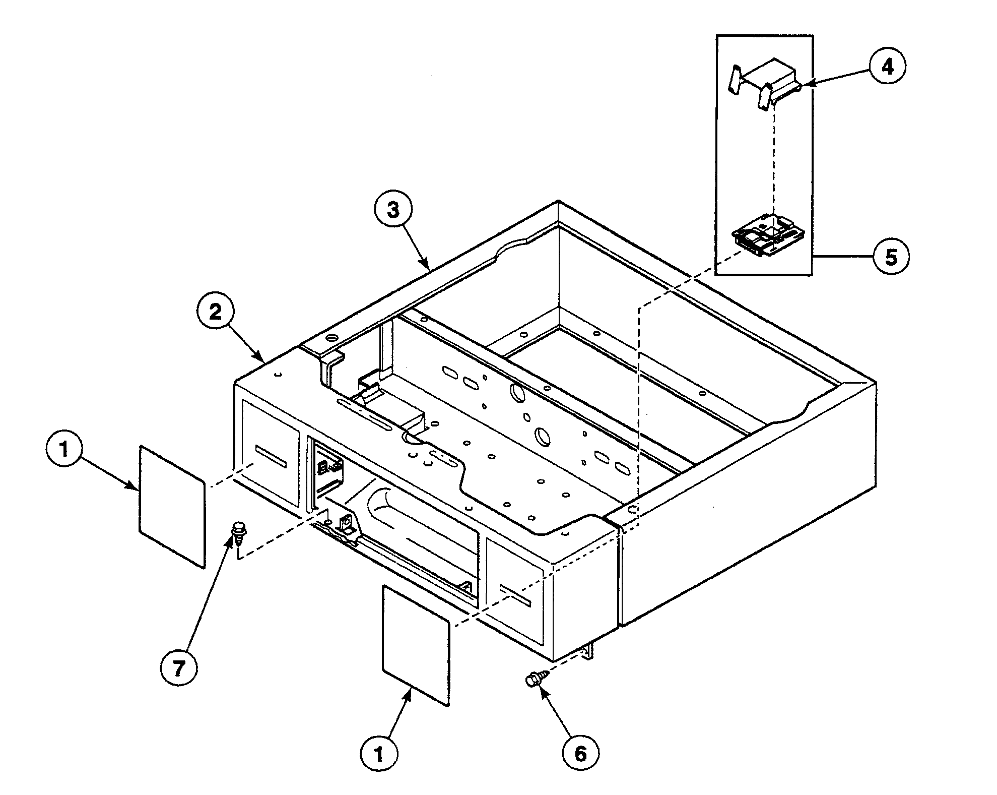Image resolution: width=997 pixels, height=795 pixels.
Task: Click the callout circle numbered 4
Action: coord(887,66)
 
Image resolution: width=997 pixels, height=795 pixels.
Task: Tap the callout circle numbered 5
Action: coord(891,257)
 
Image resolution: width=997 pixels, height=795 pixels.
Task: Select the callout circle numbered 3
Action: coord(393,210)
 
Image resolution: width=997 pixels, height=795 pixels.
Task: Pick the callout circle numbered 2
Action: coord(215,313)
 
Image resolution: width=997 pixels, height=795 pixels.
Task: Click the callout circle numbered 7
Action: coord(179,668)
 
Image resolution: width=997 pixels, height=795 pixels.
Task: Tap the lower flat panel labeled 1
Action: coord(416,645)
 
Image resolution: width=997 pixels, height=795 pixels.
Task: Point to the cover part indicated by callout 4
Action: coord(768,80)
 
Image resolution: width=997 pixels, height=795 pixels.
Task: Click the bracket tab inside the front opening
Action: coord(348,525)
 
